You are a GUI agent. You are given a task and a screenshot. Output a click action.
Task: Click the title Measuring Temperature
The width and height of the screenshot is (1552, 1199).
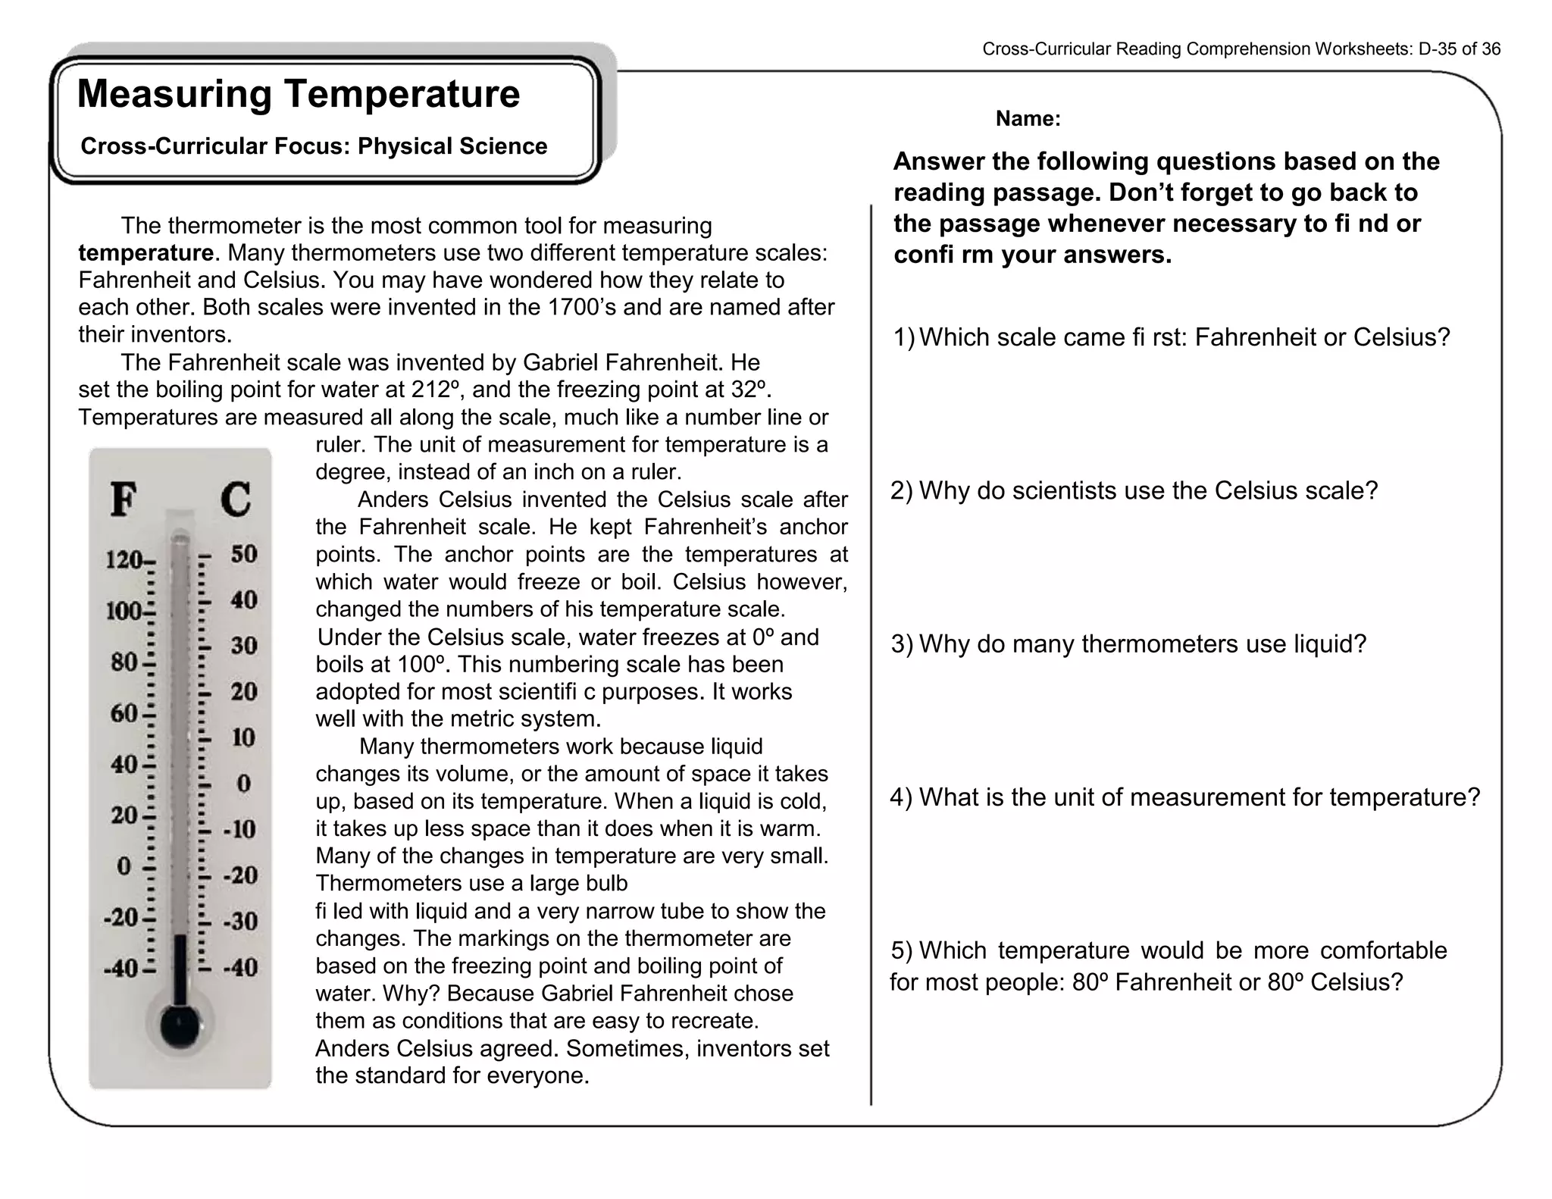[299, 95]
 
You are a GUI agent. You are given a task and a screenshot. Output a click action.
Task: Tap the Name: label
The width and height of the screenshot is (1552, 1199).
[1028, 119]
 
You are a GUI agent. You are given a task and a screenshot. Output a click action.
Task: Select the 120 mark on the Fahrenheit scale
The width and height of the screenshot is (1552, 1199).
[124, 561]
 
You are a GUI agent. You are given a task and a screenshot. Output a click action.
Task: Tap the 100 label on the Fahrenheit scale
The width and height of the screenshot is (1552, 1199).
[124, 611]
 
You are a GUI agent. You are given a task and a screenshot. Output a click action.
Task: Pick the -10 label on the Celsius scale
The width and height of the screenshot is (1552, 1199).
[239, 829]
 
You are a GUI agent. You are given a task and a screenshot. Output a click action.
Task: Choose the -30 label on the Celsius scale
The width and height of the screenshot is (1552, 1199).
[239, 922]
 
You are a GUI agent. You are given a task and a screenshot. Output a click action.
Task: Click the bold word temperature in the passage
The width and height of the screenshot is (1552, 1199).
[145, 253]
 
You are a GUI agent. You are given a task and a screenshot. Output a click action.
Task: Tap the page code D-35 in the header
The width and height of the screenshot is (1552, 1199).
[1437, 49]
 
